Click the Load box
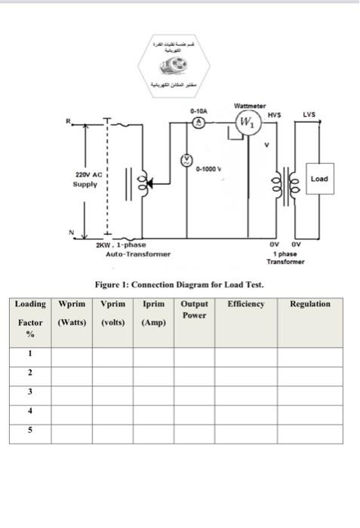pos(318,179)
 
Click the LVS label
pos(309,115)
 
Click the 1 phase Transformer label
pos(286,257)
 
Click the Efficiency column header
pos(245,304)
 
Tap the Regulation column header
pos(309,304)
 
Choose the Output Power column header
pos(194,309)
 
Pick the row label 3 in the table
pos(30,392)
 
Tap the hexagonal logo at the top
pos(179,63)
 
